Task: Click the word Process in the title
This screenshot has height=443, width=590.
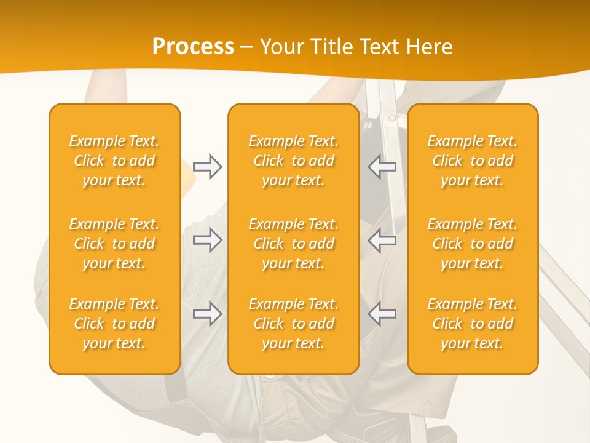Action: (193, 47)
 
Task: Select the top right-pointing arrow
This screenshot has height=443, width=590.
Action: (208, 167)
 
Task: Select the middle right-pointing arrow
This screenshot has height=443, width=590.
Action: (208, 240)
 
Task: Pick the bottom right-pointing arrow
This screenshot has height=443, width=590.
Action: (208, 314)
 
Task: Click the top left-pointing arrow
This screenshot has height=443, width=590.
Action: (382, 167)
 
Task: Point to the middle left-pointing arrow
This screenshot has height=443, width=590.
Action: (382, 240)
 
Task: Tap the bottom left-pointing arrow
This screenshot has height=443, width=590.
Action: (382, 314)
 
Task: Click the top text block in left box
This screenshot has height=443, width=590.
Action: (114, 161)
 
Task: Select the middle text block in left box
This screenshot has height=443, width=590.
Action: (114, 244)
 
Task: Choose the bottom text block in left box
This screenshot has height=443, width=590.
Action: (114, 324)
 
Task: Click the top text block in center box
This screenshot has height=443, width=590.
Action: (293, 161)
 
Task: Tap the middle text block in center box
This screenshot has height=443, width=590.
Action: (293, 244)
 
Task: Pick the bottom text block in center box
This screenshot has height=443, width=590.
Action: (293, 324)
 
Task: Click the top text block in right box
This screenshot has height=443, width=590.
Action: (473, 161)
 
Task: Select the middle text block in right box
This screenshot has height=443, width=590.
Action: (473, 244)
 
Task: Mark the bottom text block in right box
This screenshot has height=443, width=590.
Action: (473, 324)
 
